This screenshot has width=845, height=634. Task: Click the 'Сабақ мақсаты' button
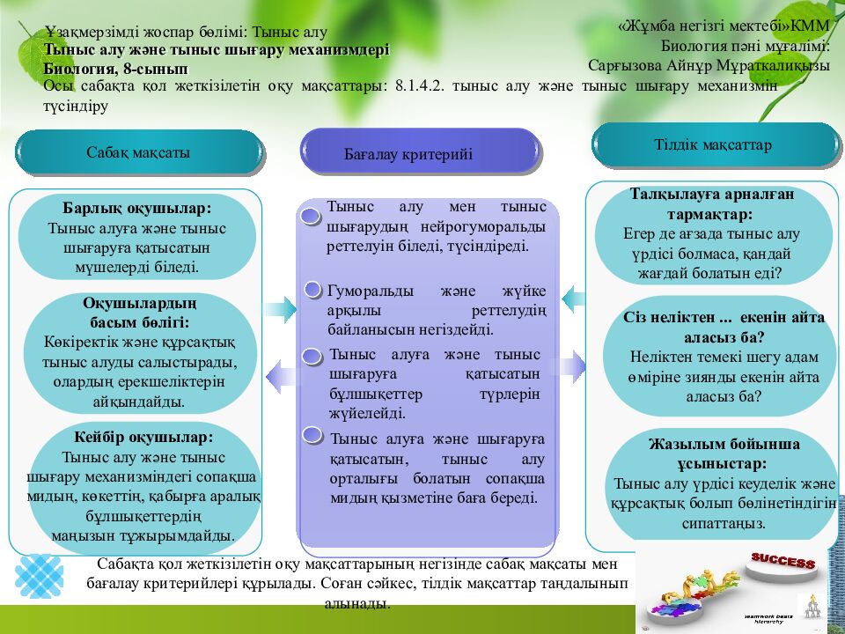coord(138,152)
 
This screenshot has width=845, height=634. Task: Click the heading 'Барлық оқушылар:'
coord(136,210)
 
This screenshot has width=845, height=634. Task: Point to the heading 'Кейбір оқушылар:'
coord(143,438)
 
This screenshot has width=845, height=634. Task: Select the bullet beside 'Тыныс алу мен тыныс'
coord(310,217)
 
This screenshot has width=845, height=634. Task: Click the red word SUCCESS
coord(783,561)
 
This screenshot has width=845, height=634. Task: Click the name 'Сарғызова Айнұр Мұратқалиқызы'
coord(709,65)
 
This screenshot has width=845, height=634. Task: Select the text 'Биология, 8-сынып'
coord(115,68)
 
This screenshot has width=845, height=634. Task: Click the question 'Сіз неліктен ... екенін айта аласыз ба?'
coord(724,328)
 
